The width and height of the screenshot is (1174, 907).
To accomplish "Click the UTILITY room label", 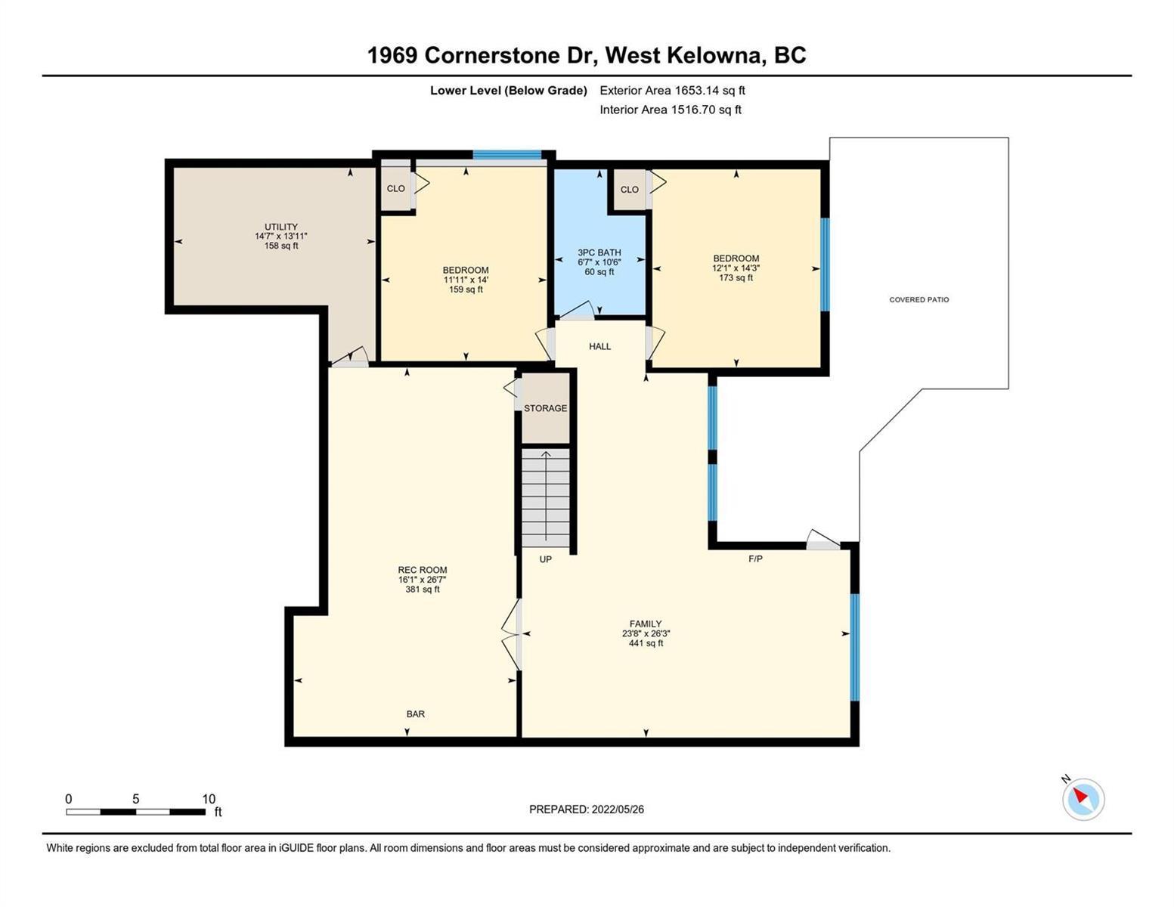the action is coord(281,227).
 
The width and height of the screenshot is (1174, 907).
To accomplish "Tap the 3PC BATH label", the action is coord(599,252).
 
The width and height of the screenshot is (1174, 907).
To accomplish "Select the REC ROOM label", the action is coord(423,569).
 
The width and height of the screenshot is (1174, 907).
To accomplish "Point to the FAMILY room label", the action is coord(646,624).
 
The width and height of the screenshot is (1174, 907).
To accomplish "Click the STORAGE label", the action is coord(546,408).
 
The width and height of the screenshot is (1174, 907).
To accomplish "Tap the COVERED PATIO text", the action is coord(919,300).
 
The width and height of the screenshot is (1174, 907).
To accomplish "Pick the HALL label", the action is coord(599,346).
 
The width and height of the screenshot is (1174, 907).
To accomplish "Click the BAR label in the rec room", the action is coord(416,714).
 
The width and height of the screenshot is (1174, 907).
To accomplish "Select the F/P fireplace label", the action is coord(755,559).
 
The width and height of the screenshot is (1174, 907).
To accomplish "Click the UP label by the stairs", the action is coord(546,559).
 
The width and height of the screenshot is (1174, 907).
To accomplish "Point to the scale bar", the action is coord(135,812).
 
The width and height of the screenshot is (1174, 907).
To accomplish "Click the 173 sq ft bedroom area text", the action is coord(736,277).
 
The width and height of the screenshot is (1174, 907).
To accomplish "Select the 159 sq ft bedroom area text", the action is coord(466,289).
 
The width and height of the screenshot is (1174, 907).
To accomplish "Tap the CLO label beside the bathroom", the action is coord(630,190).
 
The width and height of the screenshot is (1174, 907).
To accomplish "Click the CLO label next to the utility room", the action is coord(395,188).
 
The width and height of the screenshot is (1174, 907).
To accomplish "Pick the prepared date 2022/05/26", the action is coord(618,809).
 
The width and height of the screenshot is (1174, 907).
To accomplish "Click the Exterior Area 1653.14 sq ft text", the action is coord(672,91).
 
